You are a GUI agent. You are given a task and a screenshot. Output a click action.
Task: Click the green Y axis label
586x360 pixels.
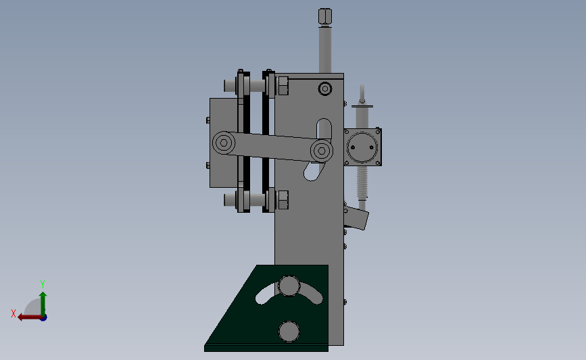tap(42, 284)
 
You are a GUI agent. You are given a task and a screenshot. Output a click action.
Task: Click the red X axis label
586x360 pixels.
tap(14, 313)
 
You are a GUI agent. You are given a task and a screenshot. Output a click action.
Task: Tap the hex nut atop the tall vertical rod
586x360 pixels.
tap(324, 17)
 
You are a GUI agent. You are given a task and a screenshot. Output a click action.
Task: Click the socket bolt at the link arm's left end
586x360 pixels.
tap(224, 143)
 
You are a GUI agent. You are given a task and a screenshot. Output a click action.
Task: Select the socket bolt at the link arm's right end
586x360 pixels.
tap(322, 151)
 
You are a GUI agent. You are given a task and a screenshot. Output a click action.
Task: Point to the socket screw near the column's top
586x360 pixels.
tap(324, 89)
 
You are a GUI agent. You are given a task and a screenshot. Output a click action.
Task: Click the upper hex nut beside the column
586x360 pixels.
tap(283, 86)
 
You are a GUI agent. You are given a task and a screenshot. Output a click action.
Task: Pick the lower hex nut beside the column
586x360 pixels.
tap(283, 200)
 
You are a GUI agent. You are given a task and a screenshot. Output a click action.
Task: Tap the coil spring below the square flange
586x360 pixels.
tap(362, 182)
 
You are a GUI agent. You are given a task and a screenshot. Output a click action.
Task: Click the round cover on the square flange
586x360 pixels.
tap(362, 147)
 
